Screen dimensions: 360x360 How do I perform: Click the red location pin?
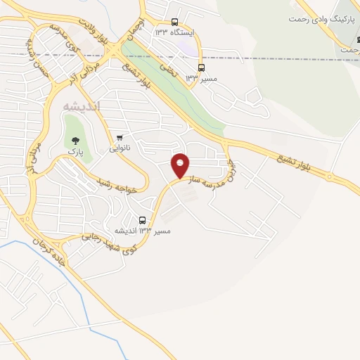[x=181, y=166]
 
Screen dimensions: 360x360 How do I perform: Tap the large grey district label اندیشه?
[x=82, y=105]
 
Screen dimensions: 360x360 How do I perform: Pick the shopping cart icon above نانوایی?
[x=120, y=137]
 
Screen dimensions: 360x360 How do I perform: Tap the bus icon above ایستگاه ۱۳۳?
[x=174, y=21]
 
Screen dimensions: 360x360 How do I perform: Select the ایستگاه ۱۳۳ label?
[x=173, y=32]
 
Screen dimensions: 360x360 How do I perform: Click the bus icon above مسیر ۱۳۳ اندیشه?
[x=143, y=220]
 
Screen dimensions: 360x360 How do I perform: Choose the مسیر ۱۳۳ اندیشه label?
[x=145, y=231]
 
